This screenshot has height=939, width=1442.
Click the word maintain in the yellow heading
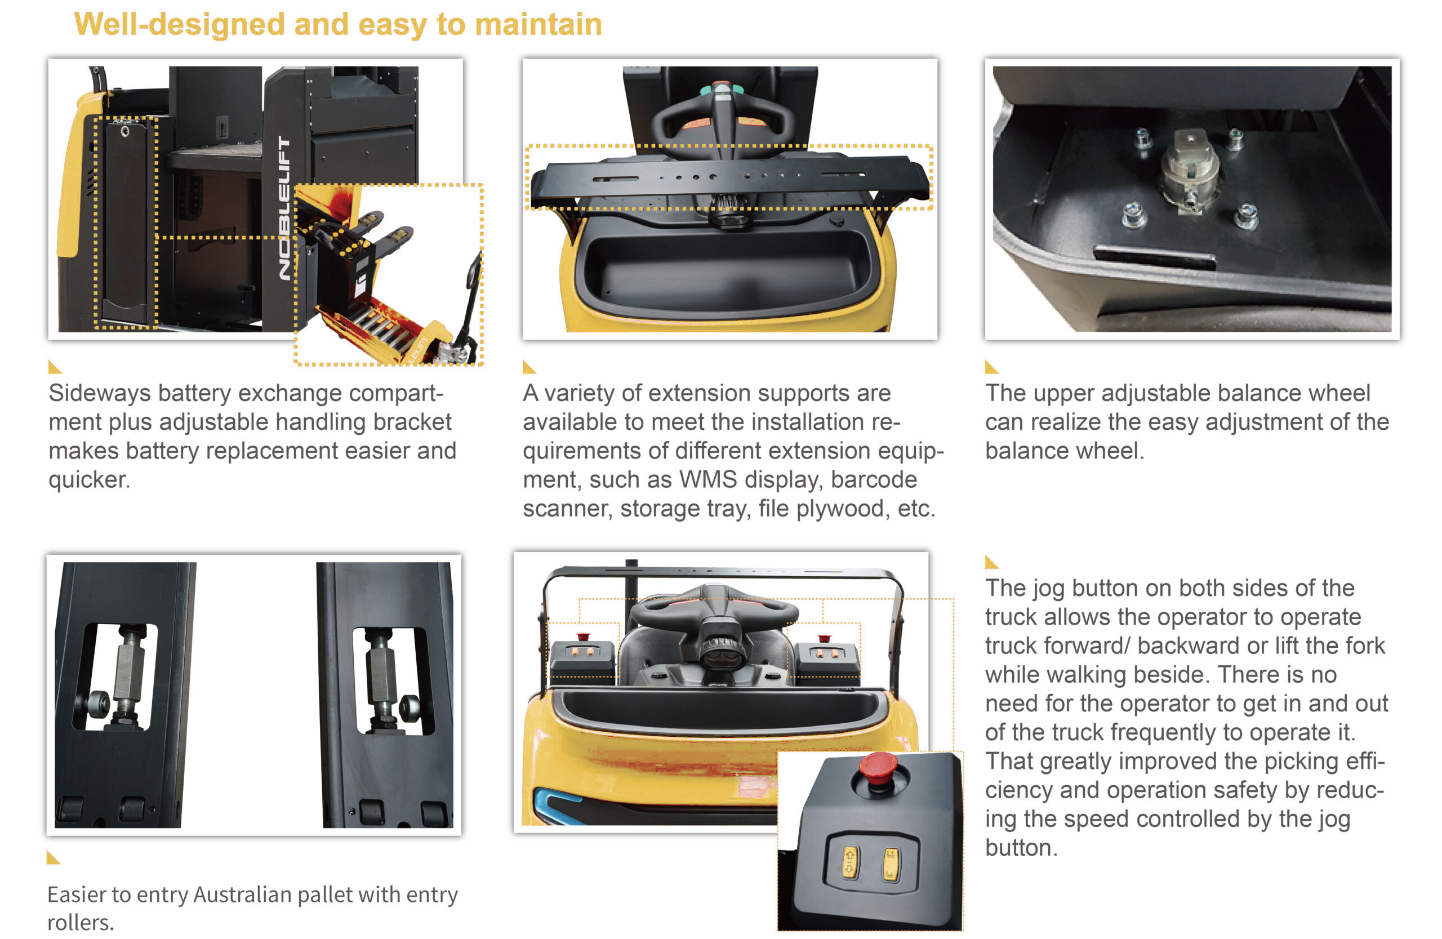tap(538, 25)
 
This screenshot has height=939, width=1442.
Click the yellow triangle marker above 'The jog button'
tap(991, 562)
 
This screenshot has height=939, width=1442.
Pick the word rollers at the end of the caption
tap(80, 923)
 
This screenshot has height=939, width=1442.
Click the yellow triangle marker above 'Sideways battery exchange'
tap(55, 367)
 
